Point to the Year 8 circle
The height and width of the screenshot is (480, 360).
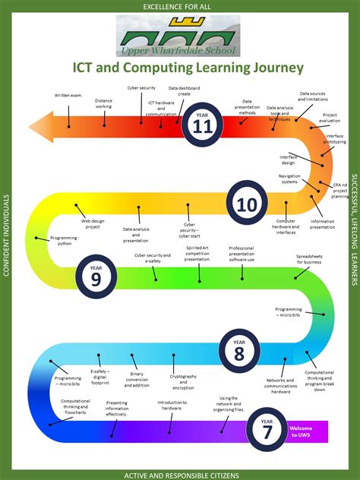pos(239,351)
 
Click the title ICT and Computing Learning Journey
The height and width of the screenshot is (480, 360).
pos(188,68)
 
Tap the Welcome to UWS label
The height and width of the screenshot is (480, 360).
pos(301,431)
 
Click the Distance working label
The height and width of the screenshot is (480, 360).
pos(103,103)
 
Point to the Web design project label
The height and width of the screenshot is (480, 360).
pos(92,223)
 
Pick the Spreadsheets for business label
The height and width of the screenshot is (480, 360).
pos(308,259)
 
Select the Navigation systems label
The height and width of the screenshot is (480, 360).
pos(289,178)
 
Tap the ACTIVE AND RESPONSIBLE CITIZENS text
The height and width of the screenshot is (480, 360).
pos(182,475)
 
